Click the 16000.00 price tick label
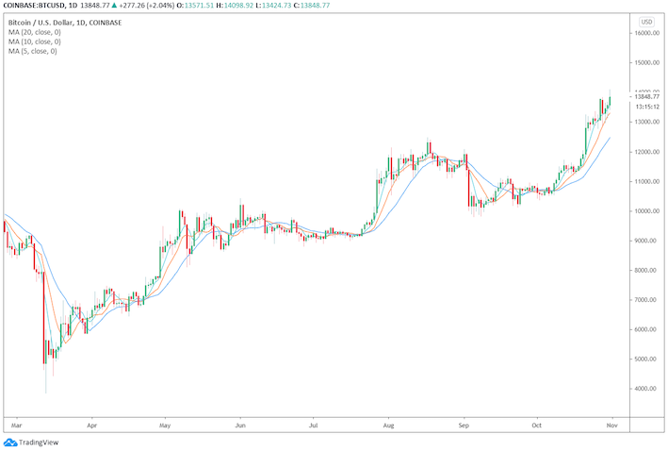(646, 33)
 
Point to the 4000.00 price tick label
(646, 389)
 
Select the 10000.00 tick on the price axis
(646, 210)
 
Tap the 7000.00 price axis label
(646, 300)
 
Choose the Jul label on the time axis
(313, 425)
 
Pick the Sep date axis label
(463, 425)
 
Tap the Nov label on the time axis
(613, 425)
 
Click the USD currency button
(646, 21)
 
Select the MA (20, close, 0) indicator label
(35, 31)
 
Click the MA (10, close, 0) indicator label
(35, 42)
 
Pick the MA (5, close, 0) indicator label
(33, 51)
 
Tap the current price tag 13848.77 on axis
(646, 96)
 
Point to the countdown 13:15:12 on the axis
(646, 107)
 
